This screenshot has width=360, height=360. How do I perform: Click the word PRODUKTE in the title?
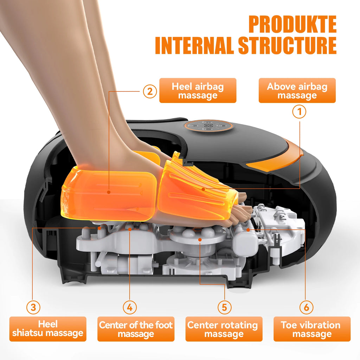[292, 25]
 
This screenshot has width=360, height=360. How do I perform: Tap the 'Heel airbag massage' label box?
[198, 91]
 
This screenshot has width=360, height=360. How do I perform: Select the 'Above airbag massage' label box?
[297, 91]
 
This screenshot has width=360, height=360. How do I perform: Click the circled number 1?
[300, 112]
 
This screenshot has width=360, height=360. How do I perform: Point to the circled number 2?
[150, 92]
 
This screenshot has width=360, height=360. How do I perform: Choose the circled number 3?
[33, 308]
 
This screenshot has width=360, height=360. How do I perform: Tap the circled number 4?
[130, 308]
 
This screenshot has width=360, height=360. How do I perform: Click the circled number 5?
[224, 308]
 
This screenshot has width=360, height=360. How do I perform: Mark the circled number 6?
[306, 308]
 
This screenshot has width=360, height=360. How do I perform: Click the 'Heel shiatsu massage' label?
[48, 329]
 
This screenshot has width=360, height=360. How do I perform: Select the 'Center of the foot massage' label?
[136, 329]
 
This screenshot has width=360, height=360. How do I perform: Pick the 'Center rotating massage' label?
[224, 329]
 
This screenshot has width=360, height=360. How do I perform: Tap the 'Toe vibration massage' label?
[312, 329]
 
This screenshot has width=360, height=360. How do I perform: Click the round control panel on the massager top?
[209, 126]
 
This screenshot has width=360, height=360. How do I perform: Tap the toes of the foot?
[241, 211]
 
